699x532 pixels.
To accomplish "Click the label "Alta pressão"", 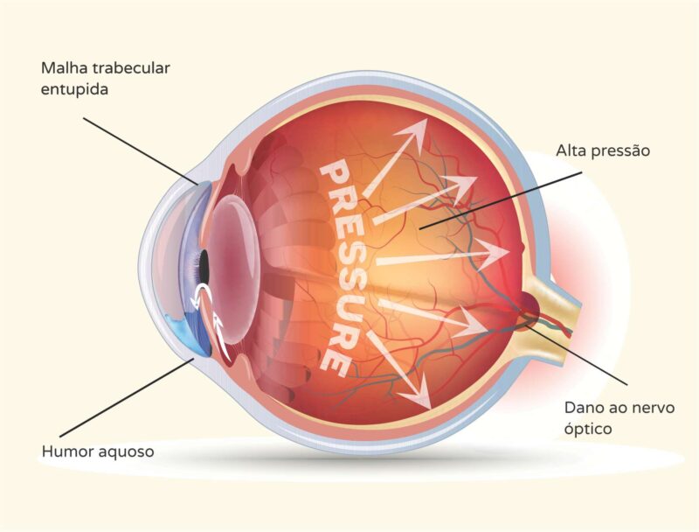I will click(603, 150).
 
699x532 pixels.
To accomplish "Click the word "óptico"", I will click(587, 430).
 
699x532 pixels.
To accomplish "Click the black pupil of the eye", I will click(203, 262).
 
